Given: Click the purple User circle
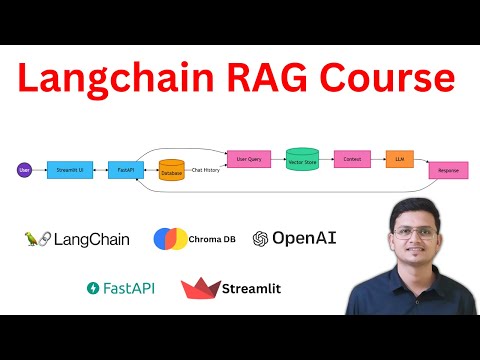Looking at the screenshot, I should (x=24, y=171).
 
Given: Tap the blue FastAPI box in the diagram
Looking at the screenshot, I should (x=125, y=171).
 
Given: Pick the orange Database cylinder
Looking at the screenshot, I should (x=172, y=170).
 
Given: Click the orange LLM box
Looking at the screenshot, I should (x=400, y=157).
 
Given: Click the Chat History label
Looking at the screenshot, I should (x=206, y=171).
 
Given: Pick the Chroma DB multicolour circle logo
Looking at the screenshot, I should (x=169, y=239).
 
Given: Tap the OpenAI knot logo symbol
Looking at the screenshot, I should (x=261, y=238).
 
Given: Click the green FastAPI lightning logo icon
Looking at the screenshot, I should (x=93, y=288).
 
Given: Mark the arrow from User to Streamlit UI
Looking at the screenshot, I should (x=41, y=171).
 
